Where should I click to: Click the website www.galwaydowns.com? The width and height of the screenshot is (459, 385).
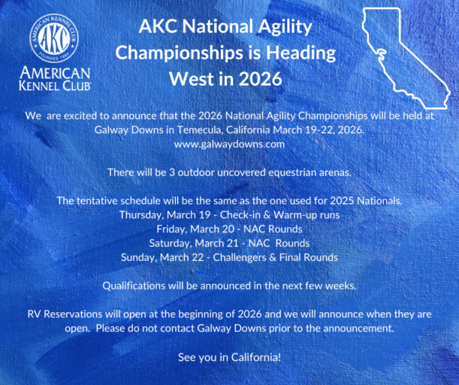point(230,143)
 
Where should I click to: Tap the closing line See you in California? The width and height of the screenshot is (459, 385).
point(229,355)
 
